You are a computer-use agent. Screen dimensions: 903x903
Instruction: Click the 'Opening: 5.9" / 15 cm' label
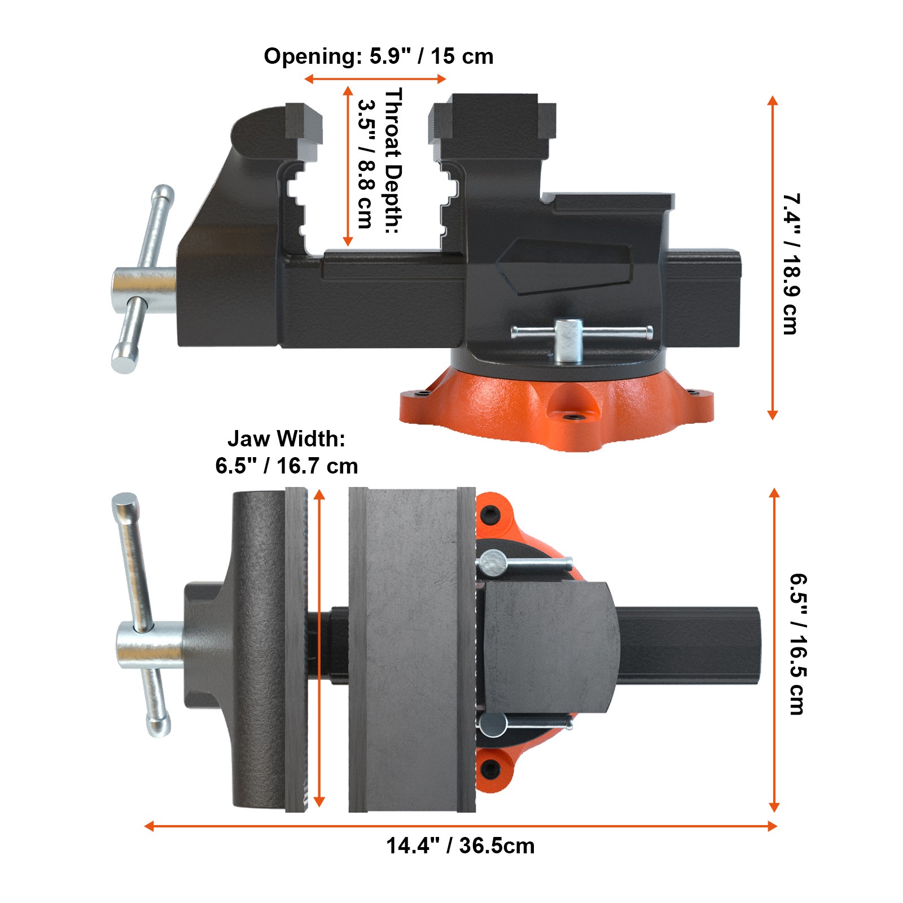tap(378, 56)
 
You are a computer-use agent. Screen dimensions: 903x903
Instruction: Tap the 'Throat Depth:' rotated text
tap(393, 161)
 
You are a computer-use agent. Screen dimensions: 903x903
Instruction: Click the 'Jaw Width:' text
tap(286, 439)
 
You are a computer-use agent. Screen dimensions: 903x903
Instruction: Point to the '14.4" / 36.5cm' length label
tap(460, 845)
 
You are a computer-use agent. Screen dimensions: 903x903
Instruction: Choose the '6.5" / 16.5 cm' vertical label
tap(797, 644)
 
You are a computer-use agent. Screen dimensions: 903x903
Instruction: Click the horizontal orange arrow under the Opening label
tap(375, 78)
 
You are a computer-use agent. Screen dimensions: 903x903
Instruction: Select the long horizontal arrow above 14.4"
tap(460, 826)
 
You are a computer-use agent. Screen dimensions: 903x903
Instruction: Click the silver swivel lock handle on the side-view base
tap(581, 333)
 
